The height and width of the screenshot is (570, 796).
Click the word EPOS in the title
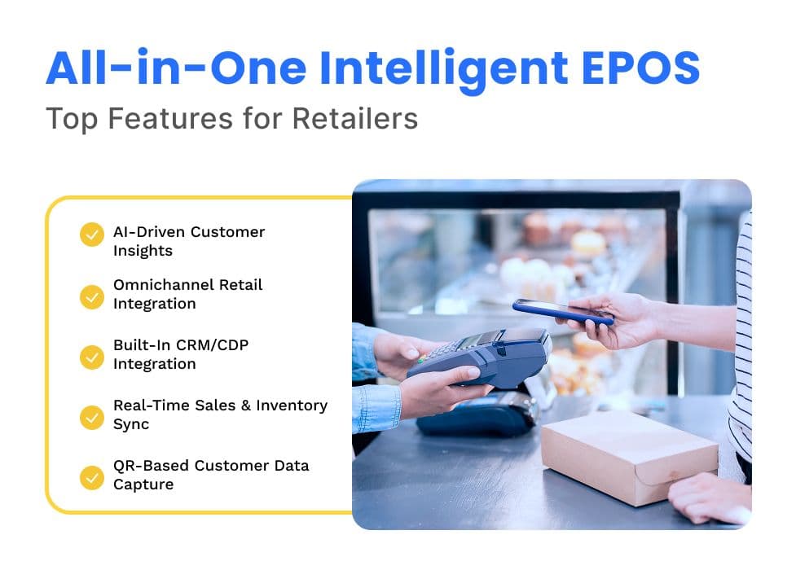640,68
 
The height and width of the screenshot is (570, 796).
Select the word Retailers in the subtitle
355,118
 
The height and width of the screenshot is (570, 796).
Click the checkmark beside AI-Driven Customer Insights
92,234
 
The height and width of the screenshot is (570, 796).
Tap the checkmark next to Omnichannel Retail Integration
92,297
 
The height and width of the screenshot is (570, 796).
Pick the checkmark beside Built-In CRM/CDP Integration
92,357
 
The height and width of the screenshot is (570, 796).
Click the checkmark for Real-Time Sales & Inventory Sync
92,417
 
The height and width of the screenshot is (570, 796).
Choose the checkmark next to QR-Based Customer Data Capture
92,478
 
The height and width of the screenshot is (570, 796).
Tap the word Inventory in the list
292,406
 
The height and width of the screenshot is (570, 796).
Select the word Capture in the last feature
143,484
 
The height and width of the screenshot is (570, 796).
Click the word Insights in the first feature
143,252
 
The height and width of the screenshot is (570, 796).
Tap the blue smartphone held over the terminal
563,312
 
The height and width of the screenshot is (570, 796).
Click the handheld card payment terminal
480,357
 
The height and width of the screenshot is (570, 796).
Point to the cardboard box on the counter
630,456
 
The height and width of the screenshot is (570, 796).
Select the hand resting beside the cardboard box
710,498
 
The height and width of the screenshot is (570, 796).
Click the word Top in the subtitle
72,120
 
